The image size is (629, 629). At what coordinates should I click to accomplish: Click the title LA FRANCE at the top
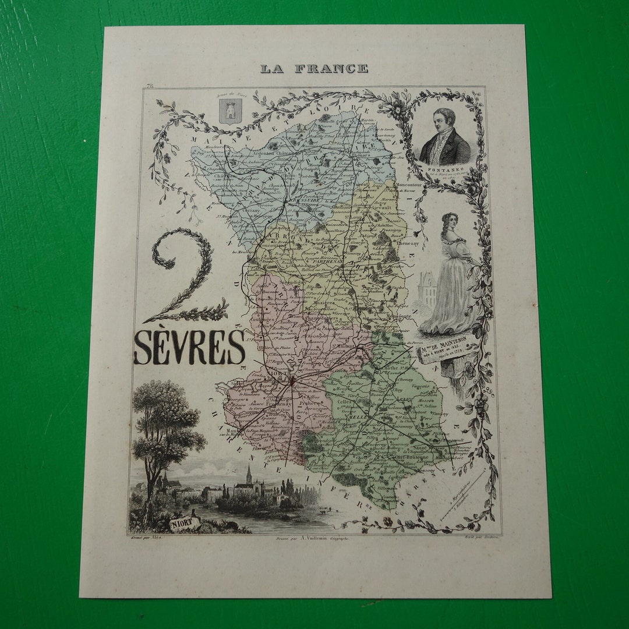point(314,69)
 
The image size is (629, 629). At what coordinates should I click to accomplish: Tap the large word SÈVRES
point(189,348)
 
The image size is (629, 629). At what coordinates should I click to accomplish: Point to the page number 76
point(150,86)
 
